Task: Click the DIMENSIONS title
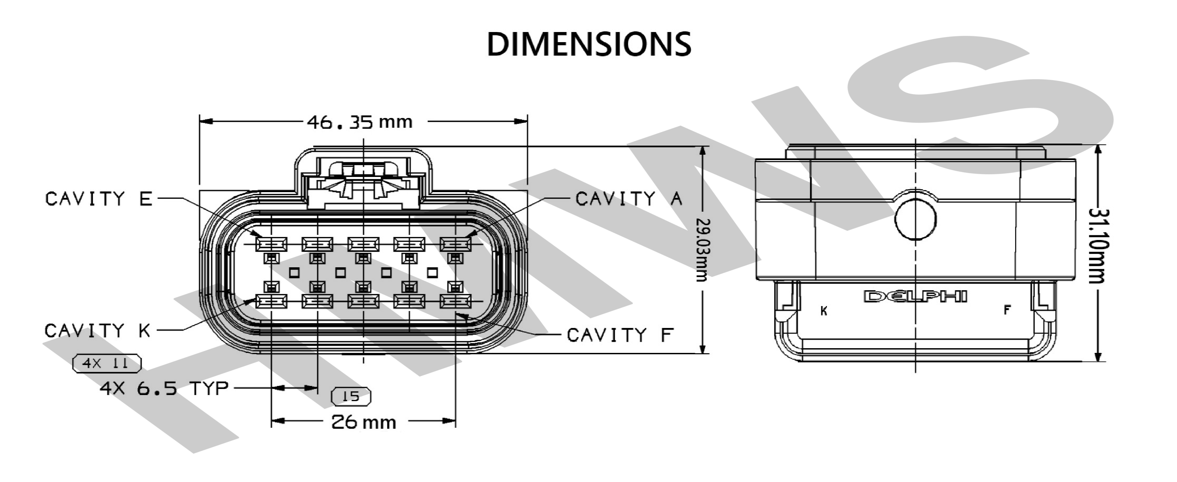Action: [588, 45]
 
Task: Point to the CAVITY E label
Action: [98, 199]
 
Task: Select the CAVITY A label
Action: [629, 199]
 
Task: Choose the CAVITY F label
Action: [620, 335]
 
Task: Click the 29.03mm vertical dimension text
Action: [702, 250]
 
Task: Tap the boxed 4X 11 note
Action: [107, 364]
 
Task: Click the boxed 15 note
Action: [351, 396]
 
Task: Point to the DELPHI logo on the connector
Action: [915, 297]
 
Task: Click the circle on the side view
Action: [915, 219]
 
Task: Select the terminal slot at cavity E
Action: [271, 244]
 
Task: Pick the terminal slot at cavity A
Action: [455, 244]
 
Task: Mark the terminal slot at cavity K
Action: [271, 301]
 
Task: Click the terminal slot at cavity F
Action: [455, 301]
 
